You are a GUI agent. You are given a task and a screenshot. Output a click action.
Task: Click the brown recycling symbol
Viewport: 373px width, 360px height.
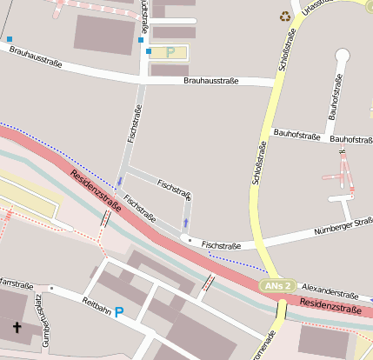click(x=285, y=15)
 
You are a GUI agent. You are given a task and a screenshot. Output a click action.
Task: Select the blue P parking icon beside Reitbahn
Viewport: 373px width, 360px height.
click(x=119, y=311)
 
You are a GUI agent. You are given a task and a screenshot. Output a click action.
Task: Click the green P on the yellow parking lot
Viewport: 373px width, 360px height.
click(x=170, y=52)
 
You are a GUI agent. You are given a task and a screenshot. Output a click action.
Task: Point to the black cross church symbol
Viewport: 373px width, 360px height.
click(x=17, y=328)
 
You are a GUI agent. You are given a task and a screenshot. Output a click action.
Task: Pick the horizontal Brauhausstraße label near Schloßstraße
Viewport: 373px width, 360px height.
click(x=211, y=81)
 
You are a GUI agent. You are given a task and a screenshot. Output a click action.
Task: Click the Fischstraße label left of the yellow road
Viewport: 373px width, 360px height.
click(x=221, y=246)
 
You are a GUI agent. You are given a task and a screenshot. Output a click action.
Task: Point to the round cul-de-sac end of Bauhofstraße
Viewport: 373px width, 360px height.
click(x=342, y=57)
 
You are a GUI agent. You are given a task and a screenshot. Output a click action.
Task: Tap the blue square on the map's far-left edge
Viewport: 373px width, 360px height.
click(x=10, y=39)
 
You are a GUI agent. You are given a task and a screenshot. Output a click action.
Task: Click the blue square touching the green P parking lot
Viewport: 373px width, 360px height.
click(x=149, y=52)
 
